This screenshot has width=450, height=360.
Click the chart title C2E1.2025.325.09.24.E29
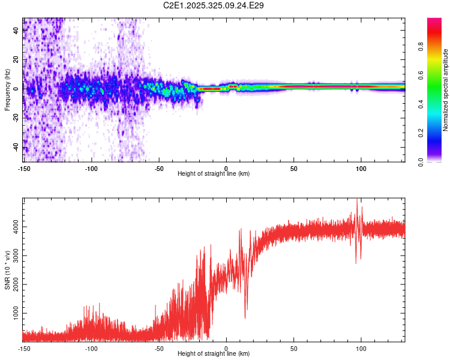point(214,5)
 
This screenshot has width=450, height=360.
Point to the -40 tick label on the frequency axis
point(16,147)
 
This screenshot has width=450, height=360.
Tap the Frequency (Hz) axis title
point(7,90)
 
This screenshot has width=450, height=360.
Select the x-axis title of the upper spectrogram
point(214,173)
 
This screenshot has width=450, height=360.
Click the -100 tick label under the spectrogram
point(91,168)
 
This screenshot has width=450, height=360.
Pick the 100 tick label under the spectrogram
point(361,168)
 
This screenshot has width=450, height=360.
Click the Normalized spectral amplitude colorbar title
point(446,90)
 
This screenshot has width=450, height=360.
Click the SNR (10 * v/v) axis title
point(7,269)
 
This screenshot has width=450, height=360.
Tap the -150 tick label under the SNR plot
point(24,348)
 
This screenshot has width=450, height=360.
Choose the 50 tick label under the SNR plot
point(294,348)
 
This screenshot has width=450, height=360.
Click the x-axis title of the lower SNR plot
point(214,353)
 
